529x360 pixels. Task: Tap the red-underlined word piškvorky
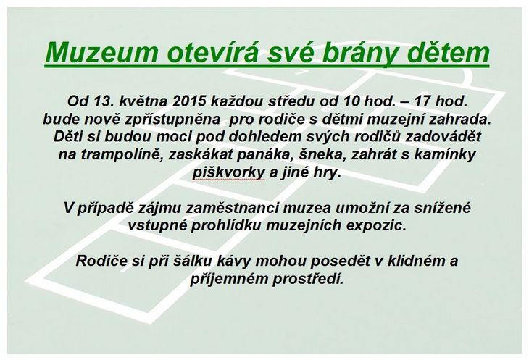228,173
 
